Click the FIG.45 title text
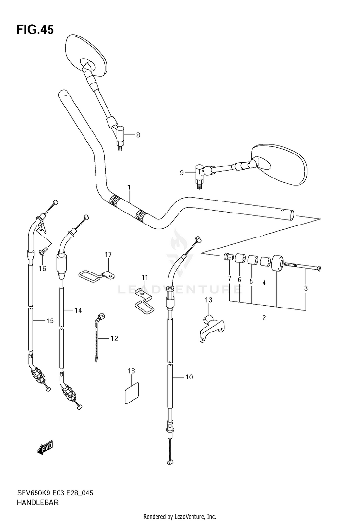35,30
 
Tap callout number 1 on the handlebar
129,187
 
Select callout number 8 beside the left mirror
138,135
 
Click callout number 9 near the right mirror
182,173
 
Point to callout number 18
131,371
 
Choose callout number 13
208,300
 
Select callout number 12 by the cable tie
114,339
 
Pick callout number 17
108,254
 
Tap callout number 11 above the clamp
145,278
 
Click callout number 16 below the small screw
42,268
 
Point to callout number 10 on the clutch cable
189,377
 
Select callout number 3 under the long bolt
306,288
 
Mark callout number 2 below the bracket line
264,317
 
